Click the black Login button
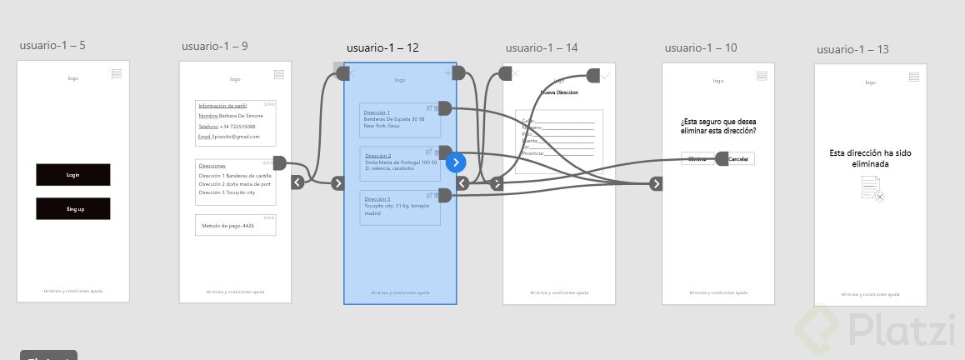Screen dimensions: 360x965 [72, 175]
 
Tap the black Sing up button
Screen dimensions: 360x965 [72, 208]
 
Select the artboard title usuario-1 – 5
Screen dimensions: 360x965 [52, 45]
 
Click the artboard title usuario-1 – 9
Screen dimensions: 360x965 [214, 46]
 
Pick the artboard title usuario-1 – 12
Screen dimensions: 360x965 [382, 48]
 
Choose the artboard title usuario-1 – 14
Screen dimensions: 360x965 [541, 47]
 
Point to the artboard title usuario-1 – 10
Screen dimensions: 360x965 [701, 47]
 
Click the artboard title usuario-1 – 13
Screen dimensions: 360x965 [852, 49]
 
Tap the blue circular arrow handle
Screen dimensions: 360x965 [455, 162]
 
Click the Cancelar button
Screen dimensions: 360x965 [739, 159]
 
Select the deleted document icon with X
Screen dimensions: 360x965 [872, 192]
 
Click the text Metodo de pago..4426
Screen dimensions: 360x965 [227, 226]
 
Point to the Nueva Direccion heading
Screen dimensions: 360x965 [559, 92]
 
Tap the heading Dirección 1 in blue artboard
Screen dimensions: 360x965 [377, 112]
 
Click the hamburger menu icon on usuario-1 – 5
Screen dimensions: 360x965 [116, 74]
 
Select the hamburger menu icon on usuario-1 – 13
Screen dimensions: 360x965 [913, 77]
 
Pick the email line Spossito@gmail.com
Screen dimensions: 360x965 [229, 137]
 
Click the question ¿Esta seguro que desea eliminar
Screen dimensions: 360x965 [717, 126]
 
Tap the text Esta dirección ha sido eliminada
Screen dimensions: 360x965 [870, 158]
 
